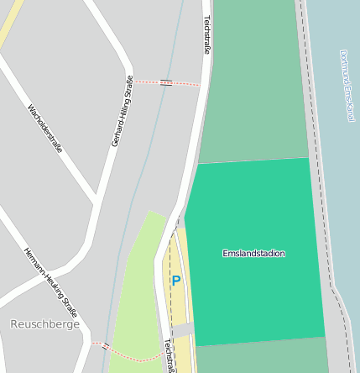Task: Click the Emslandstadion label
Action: (253, 253)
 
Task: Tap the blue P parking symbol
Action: (176, 281)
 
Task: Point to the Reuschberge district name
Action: (45, 323)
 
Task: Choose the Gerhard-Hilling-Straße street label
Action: (122, 111)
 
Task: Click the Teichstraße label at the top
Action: (206, 34)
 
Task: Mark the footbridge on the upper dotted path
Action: (166, 82)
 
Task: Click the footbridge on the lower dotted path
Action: (106, 345)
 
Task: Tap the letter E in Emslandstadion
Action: (225, 253)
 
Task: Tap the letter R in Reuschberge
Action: (14, 323)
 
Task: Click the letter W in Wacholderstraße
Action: (30, 108)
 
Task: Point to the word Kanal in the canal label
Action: (351, 111)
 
